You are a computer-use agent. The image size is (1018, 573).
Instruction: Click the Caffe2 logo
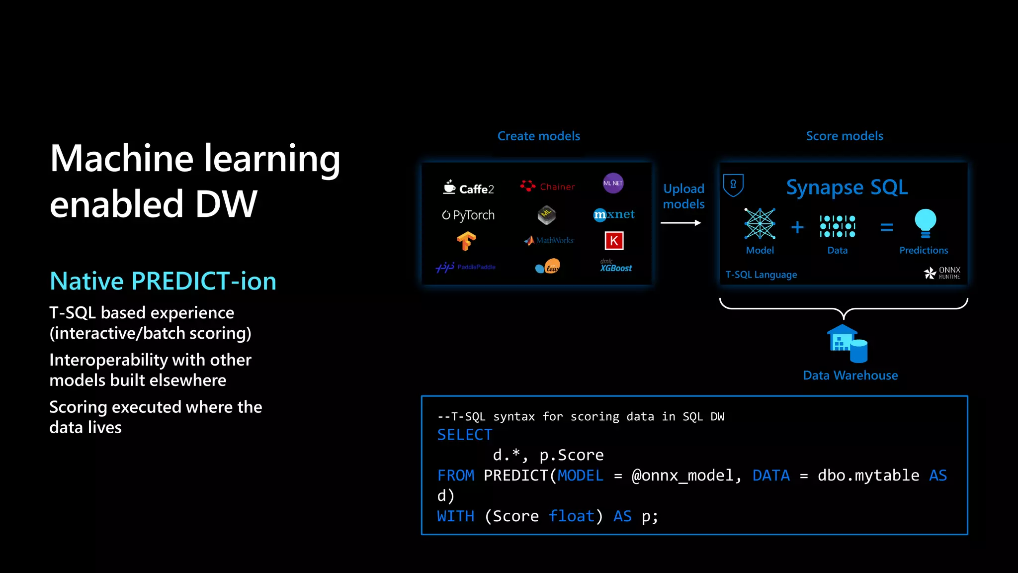click(x=468, y=188)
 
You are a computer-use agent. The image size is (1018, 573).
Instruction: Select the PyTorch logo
click(x=468, y=215)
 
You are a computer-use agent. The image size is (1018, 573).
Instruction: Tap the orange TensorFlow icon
click(x=466, y=242)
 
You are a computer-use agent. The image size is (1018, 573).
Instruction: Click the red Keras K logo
click(x=614, y=241)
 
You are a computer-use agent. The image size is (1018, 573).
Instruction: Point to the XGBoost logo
click(x=615, y=267)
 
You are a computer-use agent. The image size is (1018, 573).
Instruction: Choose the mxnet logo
click(x=614, y=214)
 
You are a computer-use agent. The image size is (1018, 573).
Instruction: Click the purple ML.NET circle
click(x=613, y=183)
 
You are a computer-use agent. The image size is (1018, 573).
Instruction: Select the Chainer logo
click(x=548, y=187)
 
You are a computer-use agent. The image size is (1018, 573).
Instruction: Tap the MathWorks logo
click(x=549, y=240)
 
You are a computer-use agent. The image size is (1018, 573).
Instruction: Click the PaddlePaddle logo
click(x=465, y=267)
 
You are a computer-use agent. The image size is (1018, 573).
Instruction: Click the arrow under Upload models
click(x=680, y=223)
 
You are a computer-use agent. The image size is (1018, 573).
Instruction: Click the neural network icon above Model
click(x=760, y=224)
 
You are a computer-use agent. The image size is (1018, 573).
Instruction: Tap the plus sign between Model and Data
click(x=797, y=227)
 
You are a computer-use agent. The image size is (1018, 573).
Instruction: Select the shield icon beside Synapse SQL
click(x=733, y=185)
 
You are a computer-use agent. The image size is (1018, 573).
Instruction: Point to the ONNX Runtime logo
click(x=942, y=273)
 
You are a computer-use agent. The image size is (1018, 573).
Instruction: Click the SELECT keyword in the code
click(x=465, y=435)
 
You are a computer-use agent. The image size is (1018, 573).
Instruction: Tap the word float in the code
click(x=572, y=516)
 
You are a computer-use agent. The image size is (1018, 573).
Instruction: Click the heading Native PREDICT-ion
click(x=163, y=281)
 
